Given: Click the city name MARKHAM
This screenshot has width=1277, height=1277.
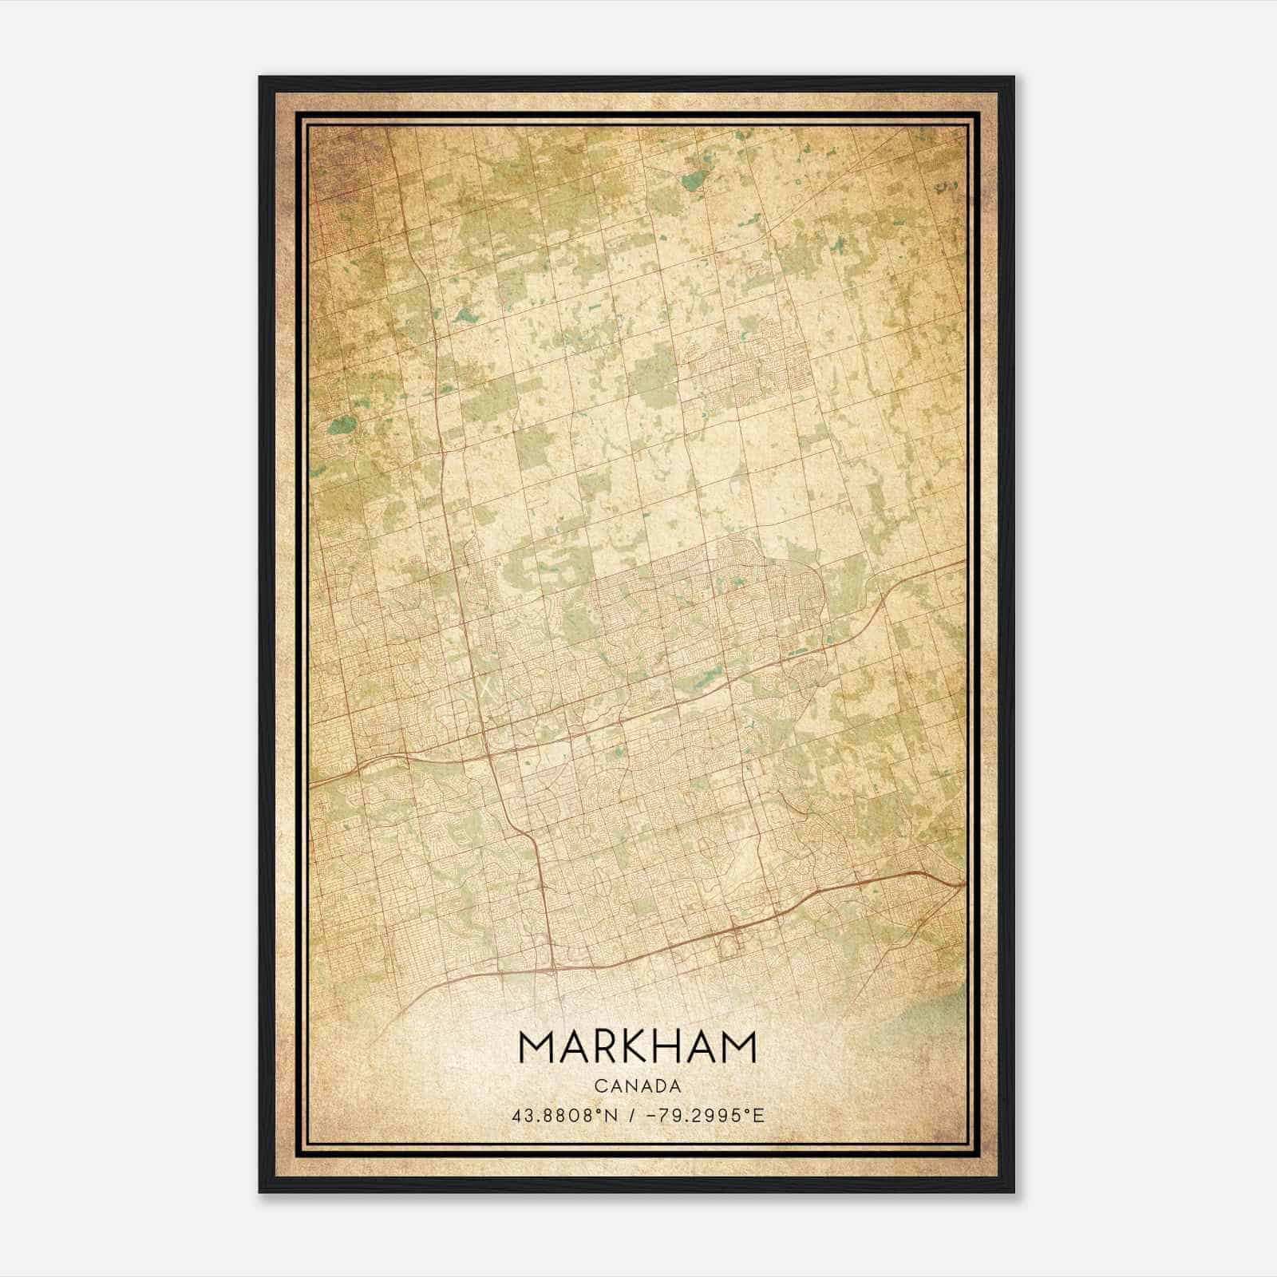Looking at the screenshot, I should pos(637,1047).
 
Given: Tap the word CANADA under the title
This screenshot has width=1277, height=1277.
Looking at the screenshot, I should pos(637,1086).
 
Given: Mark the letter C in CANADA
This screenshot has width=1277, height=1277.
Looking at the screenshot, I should pos(599,1086).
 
